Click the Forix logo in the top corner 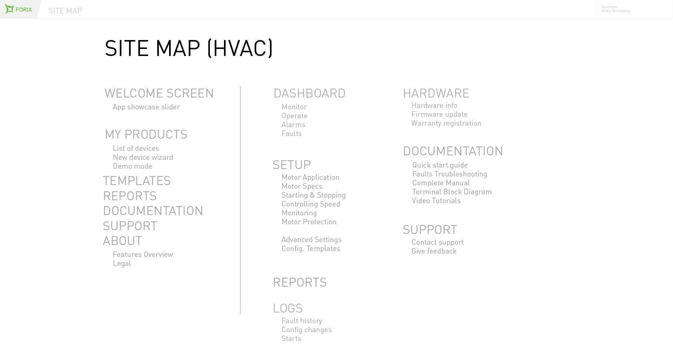[x=18, y=9]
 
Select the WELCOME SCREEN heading [x=159, y=93]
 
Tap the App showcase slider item [x=146, y=107]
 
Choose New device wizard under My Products [x=143, y=157]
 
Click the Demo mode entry [x=132, y=166]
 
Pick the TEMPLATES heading [x=136, y=181]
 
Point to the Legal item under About [x=122, y=263]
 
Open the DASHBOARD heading [x=309, y=93]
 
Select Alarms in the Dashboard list [x=293, y=125]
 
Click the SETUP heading [x=291, y=165]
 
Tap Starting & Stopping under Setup [x=313, y=195]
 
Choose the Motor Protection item [x=309, y=222]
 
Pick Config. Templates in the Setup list [x=310, y=248]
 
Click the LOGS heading [x=287, y=308]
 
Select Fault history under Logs [x=301, y=321]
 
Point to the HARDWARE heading [x=436, y=93]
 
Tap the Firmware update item [x=439, y=114]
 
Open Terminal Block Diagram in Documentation [x=452, y=192]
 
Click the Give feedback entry [x=434, y=251]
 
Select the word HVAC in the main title [x=240, y=48]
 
